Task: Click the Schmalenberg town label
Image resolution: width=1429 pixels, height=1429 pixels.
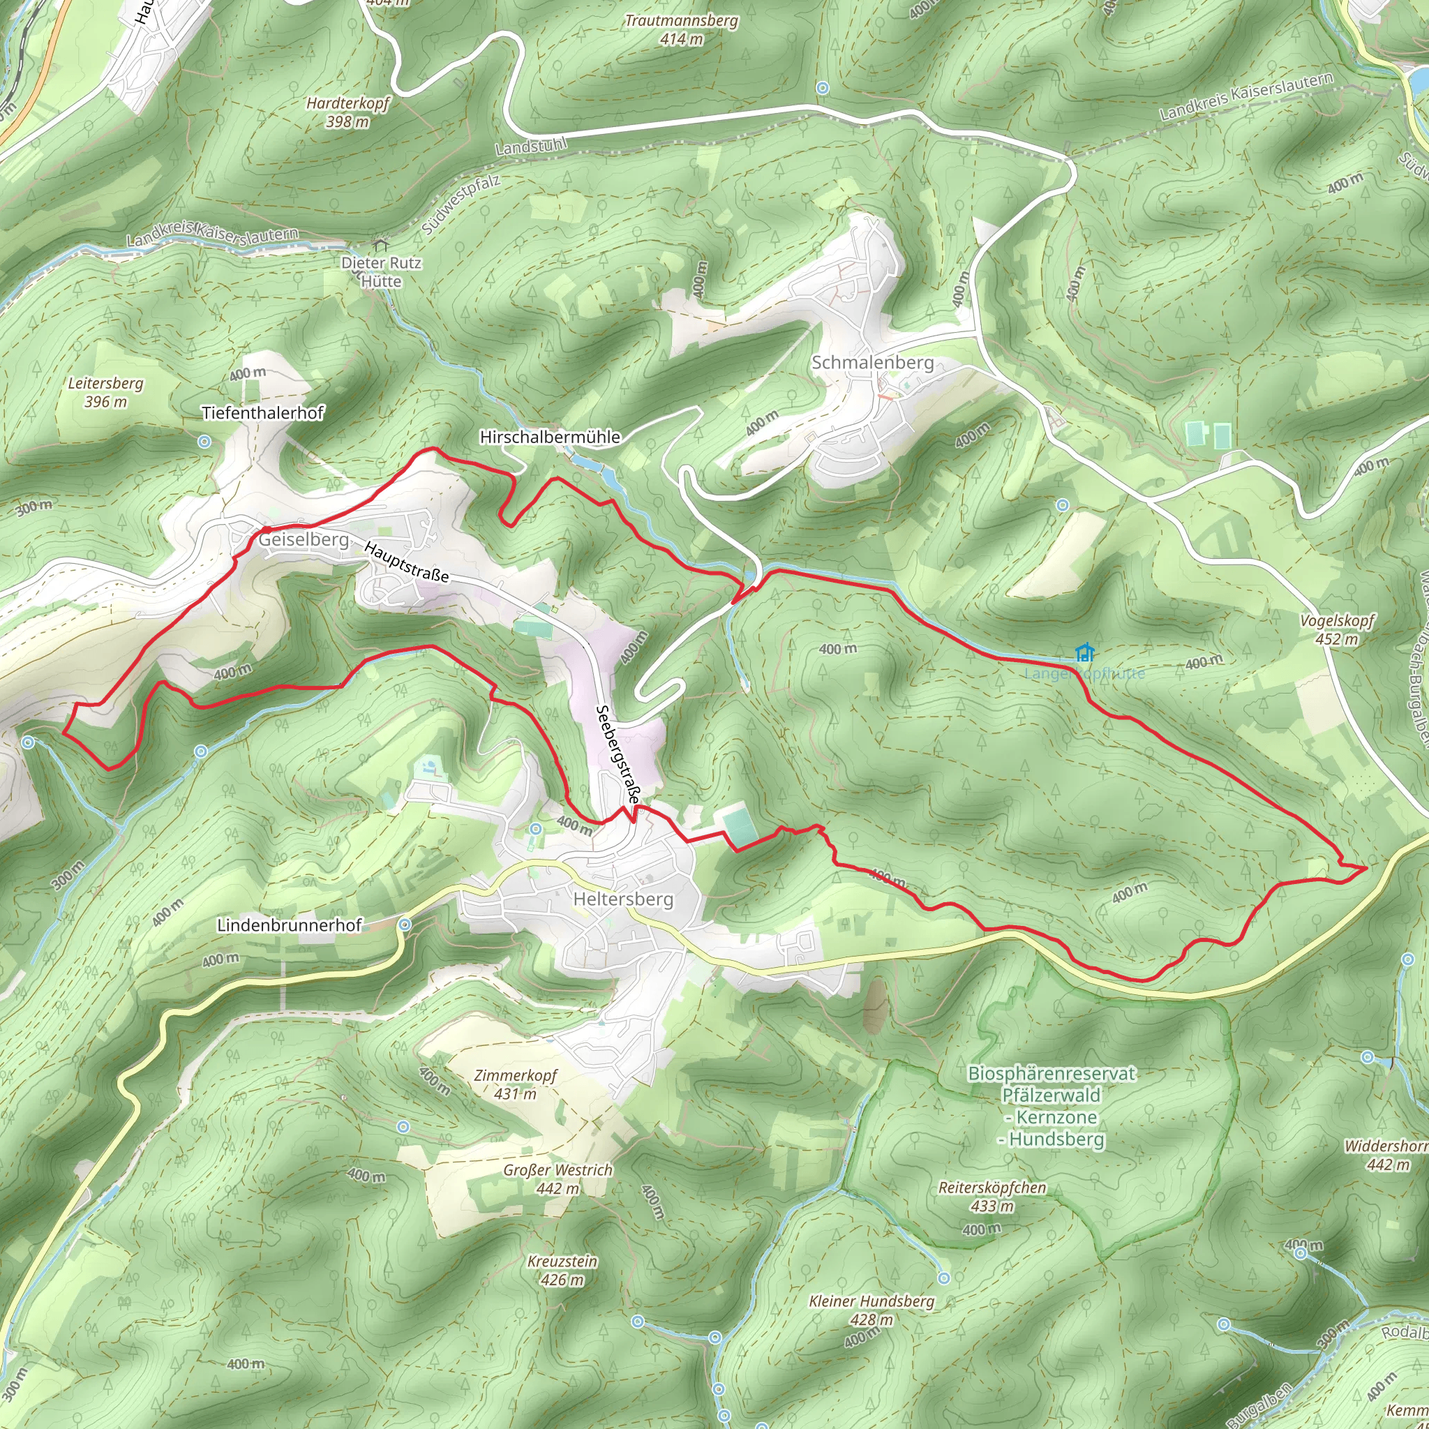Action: tap(872, 362)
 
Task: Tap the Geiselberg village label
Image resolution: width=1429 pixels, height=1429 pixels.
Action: tap(304, 539)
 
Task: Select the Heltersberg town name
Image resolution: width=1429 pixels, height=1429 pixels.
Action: tap(624, 899)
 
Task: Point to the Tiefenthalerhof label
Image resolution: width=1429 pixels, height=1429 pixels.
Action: tap(262, 413)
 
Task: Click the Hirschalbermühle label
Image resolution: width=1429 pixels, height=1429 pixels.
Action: tap(550, 437)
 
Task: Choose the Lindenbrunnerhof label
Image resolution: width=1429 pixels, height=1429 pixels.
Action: tap(289, 925)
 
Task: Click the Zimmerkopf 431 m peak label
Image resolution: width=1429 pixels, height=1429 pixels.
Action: tap(516, 1084)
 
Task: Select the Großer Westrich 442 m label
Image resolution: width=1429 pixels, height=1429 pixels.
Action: tap(558, 1179)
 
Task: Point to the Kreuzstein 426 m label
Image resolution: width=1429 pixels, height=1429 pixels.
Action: tap(562, 1270)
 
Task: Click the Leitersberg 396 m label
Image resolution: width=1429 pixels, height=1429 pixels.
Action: tap(106, 392)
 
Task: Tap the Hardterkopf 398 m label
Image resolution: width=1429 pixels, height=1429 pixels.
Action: tap(347, 112)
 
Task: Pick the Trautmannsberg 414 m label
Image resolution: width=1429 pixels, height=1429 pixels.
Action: tap(681, 29)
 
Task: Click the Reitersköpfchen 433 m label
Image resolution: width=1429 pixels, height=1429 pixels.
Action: tap(992, 1197)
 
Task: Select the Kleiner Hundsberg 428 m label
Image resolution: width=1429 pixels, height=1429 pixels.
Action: tap(871, 1309)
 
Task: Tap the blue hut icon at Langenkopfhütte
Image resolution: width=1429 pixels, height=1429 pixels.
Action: tap(1084, 652)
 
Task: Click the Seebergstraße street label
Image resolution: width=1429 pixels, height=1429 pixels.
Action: tap(618, 754)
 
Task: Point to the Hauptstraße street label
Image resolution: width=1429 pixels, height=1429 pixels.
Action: tap(406, 562)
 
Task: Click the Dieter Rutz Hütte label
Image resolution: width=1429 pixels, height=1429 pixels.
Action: tap(381, 271)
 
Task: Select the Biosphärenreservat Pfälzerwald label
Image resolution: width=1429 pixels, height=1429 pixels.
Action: tap(1051, 1106)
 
